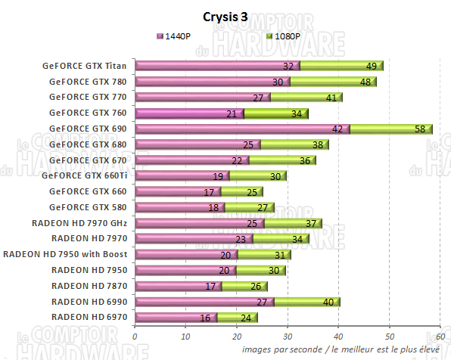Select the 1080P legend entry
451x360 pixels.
click(284, 36)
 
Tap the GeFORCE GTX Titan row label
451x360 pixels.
click(84, 66)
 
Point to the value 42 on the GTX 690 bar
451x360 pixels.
click(338, 129)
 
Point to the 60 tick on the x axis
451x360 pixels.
click(440, 337)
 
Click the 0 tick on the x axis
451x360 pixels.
click(135, 337)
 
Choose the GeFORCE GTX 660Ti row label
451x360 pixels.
click(84, 175)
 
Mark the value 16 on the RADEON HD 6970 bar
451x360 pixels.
click(206, 318)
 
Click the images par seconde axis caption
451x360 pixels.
click(345, 350)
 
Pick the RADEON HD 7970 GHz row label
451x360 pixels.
click(79, 223)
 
